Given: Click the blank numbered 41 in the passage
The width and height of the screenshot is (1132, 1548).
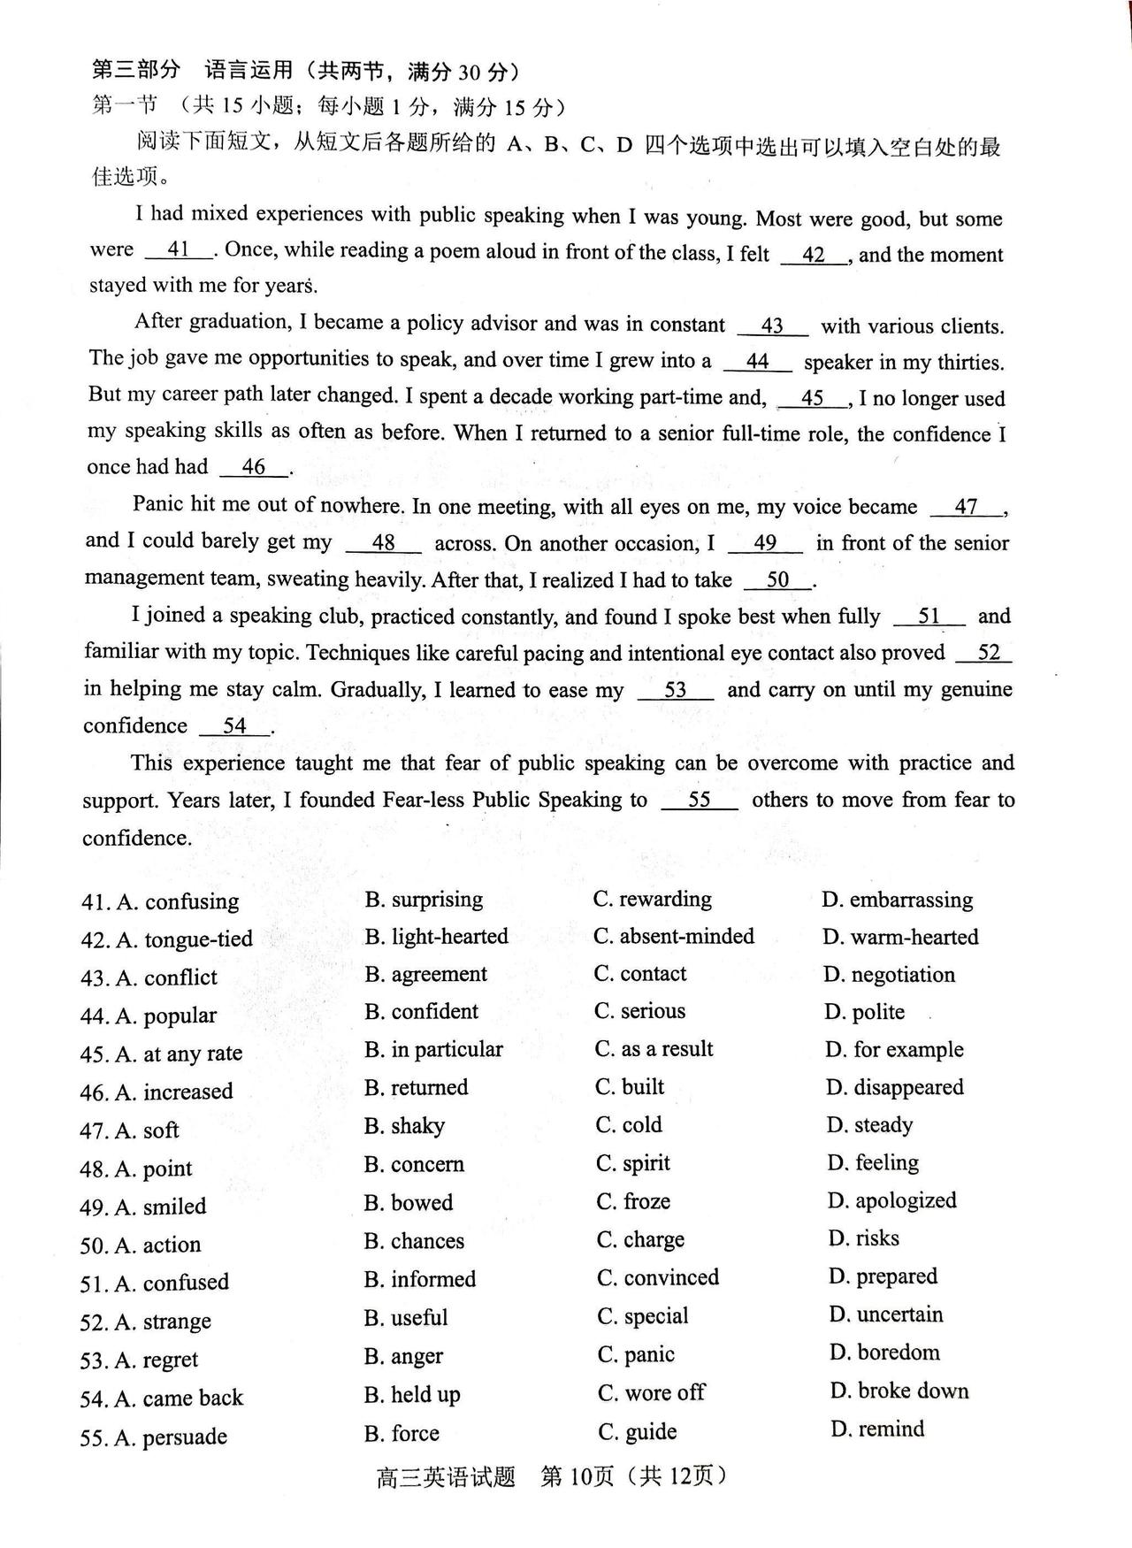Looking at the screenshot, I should (179, 250).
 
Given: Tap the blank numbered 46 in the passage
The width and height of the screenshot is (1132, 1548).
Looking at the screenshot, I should (254, 467).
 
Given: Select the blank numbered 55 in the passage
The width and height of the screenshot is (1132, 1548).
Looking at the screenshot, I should (700, 801).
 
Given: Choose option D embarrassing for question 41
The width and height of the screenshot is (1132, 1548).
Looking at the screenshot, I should (898, 900).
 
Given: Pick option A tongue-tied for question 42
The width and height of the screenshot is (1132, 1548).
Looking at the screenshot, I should (185, 939).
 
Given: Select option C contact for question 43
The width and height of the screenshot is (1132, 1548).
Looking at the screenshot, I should (640, 974).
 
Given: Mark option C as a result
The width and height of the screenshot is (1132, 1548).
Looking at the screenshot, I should (654, 1049).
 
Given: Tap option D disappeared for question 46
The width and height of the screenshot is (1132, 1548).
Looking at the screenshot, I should (895, 1087).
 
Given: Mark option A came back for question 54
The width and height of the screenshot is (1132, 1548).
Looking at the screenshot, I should (180, 1398).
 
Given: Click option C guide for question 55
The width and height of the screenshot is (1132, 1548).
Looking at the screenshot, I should (638, 1431).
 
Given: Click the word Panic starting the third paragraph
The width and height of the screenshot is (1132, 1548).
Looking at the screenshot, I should (159, 504).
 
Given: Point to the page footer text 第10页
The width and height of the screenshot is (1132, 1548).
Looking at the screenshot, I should (577, 1476).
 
